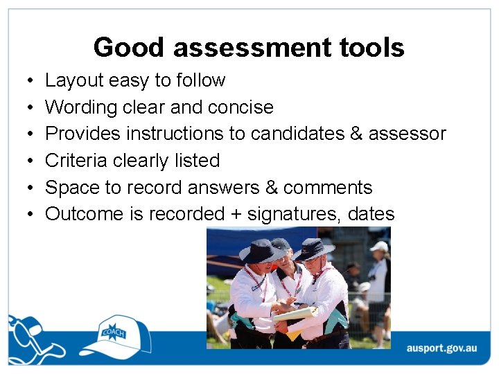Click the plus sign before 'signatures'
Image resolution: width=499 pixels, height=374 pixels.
click(236, 215)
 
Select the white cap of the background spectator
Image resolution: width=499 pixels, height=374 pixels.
click(380, 246)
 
